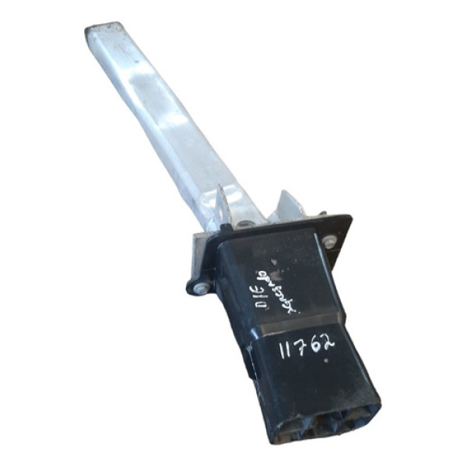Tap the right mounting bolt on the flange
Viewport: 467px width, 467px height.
coord(330,241)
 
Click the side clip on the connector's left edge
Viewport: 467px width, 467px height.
coord(248,366)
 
